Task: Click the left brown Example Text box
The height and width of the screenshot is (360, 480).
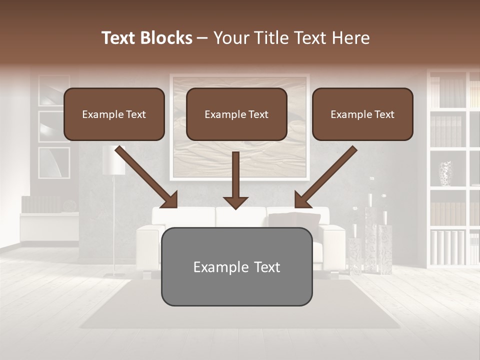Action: [114, 114]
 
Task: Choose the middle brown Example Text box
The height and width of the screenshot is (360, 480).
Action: [236, 114]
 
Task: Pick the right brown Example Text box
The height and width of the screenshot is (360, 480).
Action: [362, 114]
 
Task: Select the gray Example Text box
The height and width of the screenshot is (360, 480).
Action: [236, 266]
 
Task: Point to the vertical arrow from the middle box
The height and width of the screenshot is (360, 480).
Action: [235, 180]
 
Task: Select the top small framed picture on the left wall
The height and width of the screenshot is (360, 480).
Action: [54, 90]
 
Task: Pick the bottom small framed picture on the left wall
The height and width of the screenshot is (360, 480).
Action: [54, 162]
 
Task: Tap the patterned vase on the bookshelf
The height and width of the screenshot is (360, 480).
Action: [445, 173]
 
